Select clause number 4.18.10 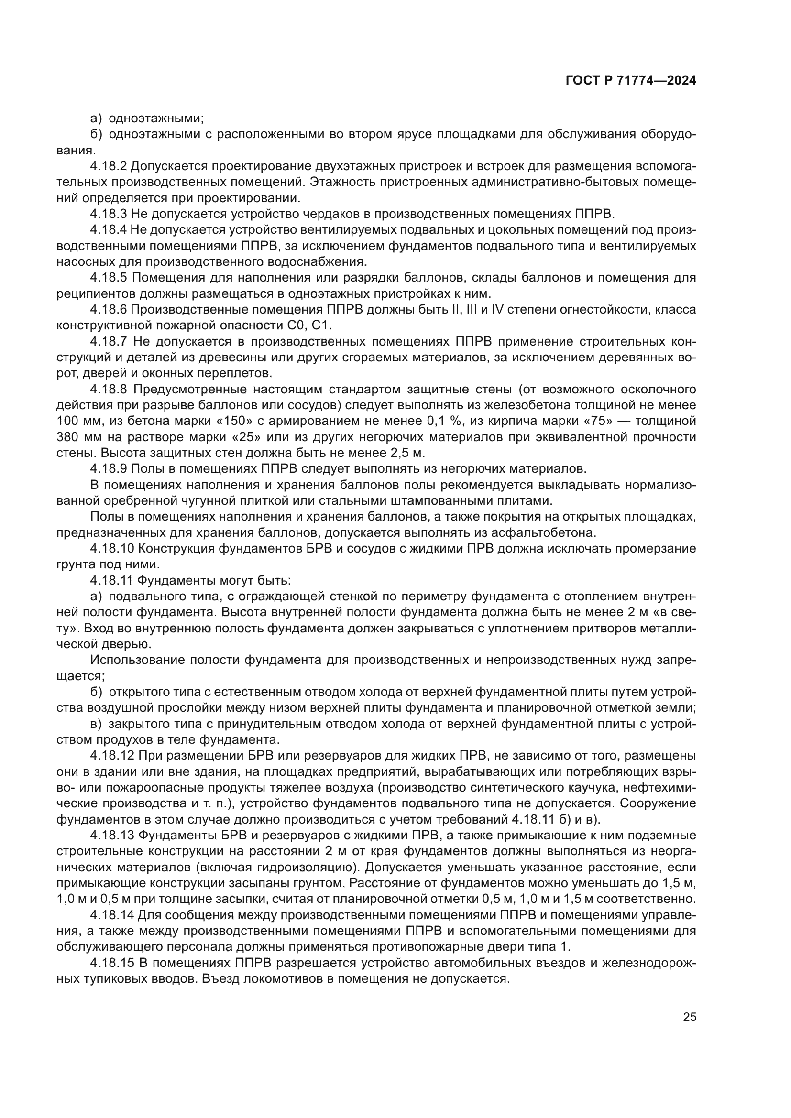tap(111, 549)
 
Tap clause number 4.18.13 tap(111, 836)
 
